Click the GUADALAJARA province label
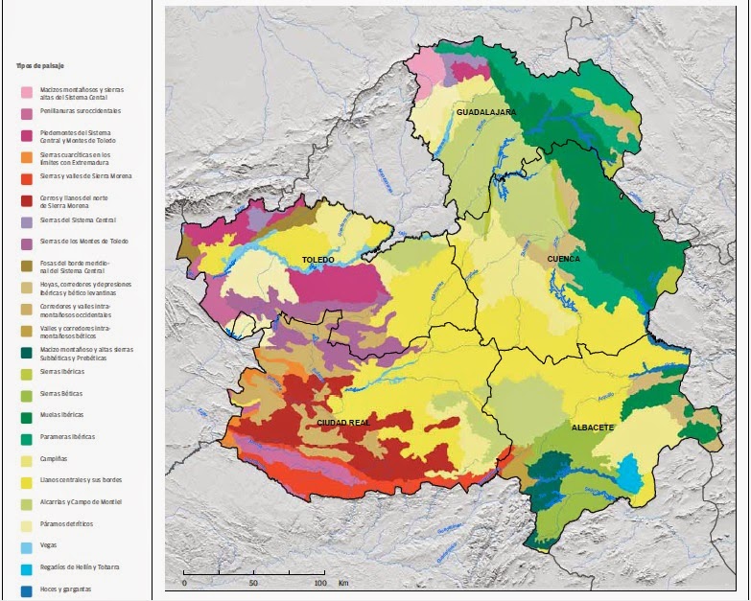point(485,113)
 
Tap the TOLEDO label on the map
point(317,260)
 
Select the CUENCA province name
point(563,259)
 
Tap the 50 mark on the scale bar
point(253,583)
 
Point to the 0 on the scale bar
point(184,583)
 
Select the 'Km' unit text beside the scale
point(343,583)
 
